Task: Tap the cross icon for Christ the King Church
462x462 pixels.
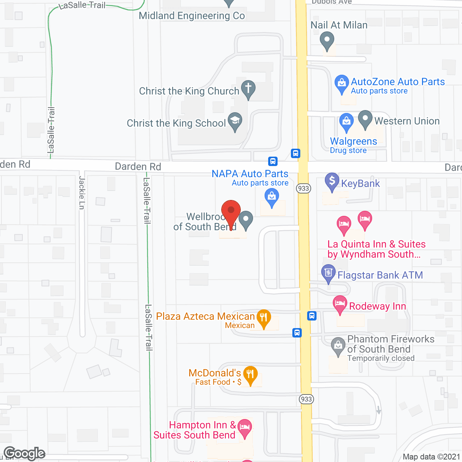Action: pos(248,88)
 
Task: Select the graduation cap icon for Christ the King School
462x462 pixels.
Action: pos(235,120)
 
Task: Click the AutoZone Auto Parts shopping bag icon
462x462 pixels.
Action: pos(341,83)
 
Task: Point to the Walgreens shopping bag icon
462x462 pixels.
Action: pos(346,121)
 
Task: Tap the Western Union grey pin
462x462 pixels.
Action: pos(365,118)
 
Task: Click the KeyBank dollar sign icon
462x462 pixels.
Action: pos(332,181)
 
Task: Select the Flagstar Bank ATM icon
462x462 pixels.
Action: pos(328,273)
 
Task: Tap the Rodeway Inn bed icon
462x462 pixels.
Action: pos(340,303)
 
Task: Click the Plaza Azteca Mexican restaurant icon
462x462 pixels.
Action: pos(264,317)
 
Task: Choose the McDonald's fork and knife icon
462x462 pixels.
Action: pos(250,374)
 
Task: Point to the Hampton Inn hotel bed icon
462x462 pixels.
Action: pos(245,427)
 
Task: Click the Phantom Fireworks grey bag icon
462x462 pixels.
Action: pos(338,345)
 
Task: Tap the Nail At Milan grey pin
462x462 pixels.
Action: pos(327,40)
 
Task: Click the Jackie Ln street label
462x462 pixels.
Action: pos(82,193)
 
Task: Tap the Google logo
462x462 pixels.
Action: pos(25,453)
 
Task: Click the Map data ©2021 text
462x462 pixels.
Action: pos(431,457)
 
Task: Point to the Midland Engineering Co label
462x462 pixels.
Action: pos(192,16)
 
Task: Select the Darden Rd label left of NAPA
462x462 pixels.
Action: pos(138,167)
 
